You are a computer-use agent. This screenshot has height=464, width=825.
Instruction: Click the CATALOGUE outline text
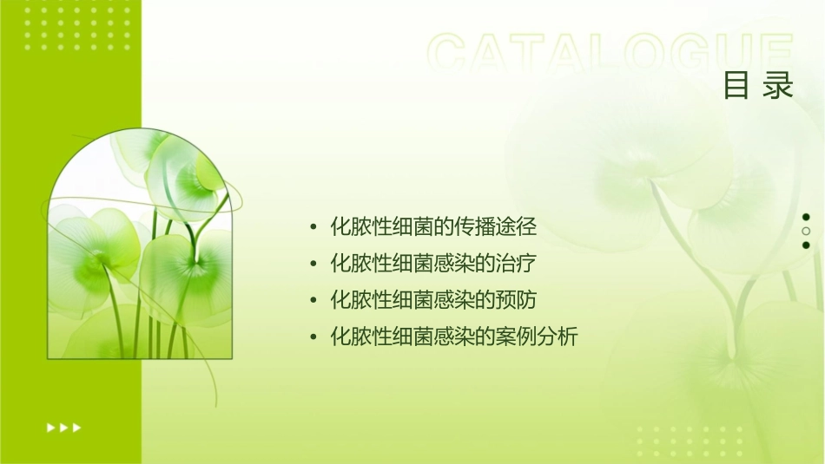pyautogui.click(x=610, y=55)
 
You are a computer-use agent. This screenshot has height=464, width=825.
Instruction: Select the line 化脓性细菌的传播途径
pyautogui.click(x=434, y=228)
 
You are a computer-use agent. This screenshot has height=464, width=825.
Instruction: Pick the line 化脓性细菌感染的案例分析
pyautogui.click(x=454, y=336)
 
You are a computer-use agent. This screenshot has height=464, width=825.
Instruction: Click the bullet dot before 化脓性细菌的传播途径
pyautogui.click(x=313, y=229)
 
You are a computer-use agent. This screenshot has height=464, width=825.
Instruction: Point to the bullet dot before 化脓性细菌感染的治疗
pyautogui.click(x=313, y=265)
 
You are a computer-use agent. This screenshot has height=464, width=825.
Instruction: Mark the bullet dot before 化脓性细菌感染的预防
pyautogui.click(x=313, y=301)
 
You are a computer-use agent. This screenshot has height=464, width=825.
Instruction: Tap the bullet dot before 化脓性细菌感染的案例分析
pyautogui.click(x=313, y=337)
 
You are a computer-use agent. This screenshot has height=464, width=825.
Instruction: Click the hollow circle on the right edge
pyautogui.click(x=806, y=232)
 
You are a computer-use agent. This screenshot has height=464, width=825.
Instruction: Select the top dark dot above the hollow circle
pyautogui.click(x=806, y=217)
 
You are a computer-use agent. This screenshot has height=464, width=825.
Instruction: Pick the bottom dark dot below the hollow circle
pyautogui.click(x=806, y=245)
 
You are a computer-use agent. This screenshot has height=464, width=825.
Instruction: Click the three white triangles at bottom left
pyautogui.click(x=63, y=427)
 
